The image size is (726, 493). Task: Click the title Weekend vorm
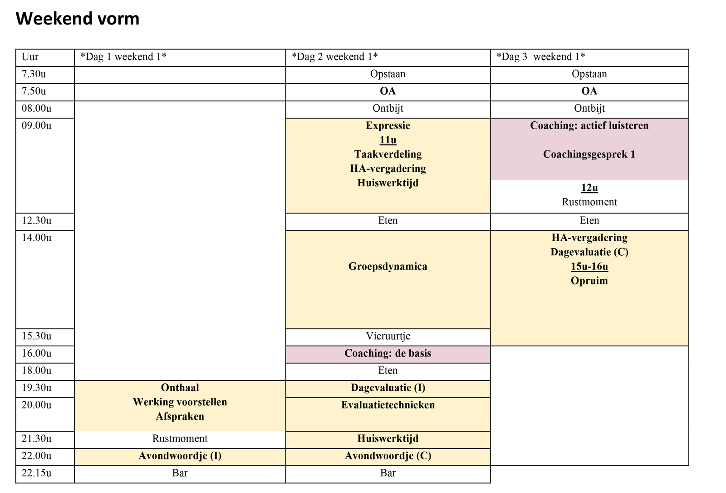78,19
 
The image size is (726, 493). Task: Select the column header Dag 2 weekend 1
335,57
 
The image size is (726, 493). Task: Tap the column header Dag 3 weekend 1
540,57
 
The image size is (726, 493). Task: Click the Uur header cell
30,57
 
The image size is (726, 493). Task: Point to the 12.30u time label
36,221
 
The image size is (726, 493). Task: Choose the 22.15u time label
36,473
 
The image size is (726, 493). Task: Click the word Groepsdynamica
388,267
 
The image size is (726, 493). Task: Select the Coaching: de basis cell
388,354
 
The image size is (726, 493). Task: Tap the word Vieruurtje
388,336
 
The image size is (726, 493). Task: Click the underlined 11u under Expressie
388,140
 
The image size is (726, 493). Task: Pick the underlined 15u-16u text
589,267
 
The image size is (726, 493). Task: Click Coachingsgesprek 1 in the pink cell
589,154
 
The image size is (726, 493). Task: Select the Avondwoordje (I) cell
180,457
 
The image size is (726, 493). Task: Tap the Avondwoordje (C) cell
388,457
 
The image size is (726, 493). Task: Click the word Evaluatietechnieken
388,405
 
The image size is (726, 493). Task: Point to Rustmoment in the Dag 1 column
180,439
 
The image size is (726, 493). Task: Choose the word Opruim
589,281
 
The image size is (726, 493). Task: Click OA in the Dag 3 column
589,91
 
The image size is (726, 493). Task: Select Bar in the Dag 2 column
388,473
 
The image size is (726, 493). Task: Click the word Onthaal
180,388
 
